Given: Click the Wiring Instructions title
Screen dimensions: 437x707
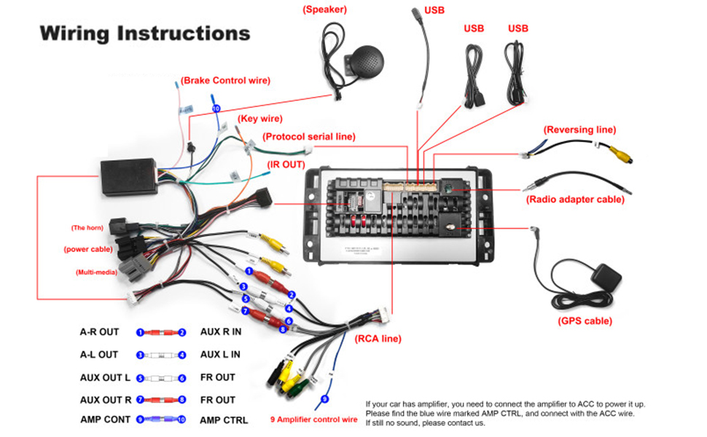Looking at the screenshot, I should pos(145,34).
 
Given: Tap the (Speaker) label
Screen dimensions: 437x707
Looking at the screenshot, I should pos(324,9).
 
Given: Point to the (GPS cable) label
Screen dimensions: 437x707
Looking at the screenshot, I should pos(585,321).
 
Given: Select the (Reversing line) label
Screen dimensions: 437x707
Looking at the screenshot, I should pos(579,130).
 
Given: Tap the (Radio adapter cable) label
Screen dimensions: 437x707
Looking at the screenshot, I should pos(575,199).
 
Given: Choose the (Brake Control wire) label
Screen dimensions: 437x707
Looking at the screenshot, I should pos(225,80).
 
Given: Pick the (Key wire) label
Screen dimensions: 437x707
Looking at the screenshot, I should pos(259,119).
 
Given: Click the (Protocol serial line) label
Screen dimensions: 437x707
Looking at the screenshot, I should pos(309,136).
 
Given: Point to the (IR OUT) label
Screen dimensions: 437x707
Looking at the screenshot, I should pos(286,165).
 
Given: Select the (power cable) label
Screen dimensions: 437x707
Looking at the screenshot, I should pos(87,249).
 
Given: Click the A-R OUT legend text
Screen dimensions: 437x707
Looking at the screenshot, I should pos(99,332).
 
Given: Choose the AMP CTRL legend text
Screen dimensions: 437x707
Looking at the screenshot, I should pos(224,420).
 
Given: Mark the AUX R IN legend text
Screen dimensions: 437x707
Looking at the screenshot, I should pos(221,332).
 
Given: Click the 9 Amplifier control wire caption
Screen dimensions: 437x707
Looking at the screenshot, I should pos(314,420).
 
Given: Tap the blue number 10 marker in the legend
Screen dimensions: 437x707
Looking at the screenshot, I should pos(182,420).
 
